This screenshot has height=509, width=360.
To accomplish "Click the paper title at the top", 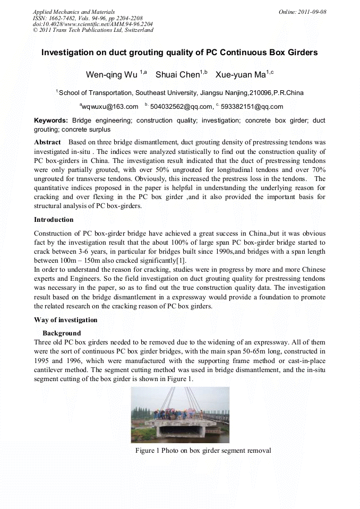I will point(179,53).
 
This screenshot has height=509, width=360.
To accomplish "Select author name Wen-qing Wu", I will point(111,74).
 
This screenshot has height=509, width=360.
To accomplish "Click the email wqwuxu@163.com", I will point(110,107).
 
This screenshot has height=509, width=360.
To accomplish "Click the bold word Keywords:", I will point(51,121).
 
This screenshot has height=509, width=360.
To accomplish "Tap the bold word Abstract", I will point(48,143).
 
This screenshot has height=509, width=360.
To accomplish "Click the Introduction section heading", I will point(54,219).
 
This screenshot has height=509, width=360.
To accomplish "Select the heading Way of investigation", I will point(66,320).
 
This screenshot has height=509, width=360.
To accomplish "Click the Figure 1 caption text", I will point(203,451).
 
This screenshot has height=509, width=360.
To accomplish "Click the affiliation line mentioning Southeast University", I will point(179,93).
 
